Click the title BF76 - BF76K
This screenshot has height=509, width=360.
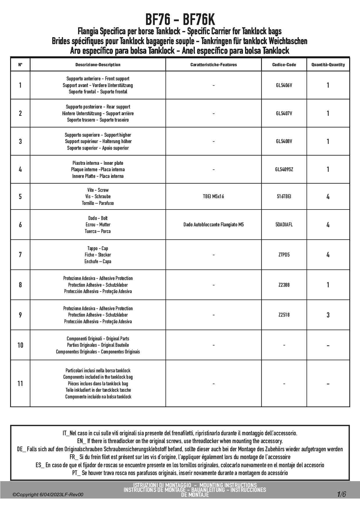tap(180, 20)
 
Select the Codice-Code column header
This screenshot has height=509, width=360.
tap(284, 65)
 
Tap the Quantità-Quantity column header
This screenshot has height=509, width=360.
tap(328, 65)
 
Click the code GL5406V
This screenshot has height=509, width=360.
tap(284, 85)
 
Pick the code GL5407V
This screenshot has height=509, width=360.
tap(284, 113)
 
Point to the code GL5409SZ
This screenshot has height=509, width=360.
tap(284, 169)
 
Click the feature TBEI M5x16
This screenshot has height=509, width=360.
tap(213, 196)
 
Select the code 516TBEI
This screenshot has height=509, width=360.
tap(284, 196)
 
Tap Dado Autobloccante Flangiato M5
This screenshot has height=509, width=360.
tap(213, 225)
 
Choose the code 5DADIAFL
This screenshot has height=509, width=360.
tap(284, 225)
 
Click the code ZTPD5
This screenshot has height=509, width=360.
tap(284, 255)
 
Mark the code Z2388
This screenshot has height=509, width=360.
tap(284, 285)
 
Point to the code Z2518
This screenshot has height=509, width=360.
tap(284, 315)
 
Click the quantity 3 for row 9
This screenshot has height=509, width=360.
tap(328, 315)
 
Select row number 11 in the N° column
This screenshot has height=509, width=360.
tap(20, 384)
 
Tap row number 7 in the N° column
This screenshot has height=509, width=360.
tap(20, 255)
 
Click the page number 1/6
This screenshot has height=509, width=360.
tap(341, 494)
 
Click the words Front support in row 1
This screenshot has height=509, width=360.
tap(117, 79)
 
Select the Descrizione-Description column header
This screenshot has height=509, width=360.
tap(98, 65)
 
